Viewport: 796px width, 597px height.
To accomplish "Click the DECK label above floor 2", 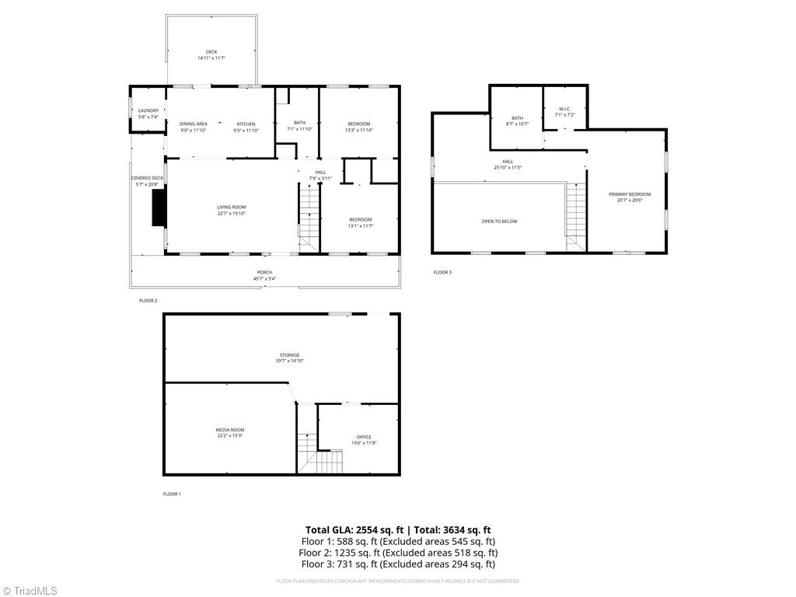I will (x=211, y=52).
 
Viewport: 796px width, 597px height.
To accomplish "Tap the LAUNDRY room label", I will (x=148, y=111).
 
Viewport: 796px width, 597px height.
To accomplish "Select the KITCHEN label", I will (x=246, y=124).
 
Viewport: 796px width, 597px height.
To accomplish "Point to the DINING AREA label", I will (x=193, y=124).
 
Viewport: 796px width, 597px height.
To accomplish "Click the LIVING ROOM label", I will (x=232, y=207).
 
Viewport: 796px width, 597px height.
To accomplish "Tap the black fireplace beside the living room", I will (x=159, y=208).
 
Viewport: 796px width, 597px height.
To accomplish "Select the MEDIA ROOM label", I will (x=230, y=430).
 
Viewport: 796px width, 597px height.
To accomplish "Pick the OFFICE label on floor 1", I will (x=364, y=437).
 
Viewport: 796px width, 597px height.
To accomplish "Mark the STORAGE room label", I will (x=289, y=355).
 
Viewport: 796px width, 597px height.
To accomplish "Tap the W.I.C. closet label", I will (x=564, y=110).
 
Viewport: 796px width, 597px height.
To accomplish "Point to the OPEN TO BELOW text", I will (x=499, y=222).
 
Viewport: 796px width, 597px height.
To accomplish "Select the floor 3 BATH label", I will (x=517, y=118).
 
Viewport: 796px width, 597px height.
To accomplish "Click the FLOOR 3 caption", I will (x=442, y=272).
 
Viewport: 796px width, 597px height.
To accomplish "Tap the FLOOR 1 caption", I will (x=171, y=494).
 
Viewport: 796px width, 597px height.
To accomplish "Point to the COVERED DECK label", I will (x=146, y=178).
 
